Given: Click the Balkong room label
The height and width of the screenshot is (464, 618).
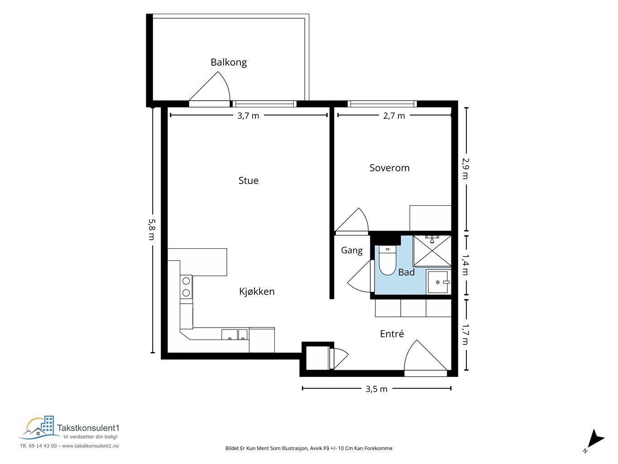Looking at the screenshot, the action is click(229, 62).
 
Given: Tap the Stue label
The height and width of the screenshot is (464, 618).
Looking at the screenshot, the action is click(248, 181).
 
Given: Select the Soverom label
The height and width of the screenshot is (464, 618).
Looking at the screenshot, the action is click(389, 168).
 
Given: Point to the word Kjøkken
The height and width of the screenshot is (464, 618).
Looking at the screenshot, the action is click(257, 291).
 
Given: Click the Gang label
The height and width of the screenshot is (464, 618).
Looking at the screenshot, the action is click(352, 250).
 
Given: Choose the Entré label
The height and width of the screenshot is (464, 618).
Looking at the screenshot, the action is click(392, 333).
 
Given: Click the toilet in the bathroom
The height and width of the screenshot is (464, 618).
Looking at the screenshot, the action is click(388, 260).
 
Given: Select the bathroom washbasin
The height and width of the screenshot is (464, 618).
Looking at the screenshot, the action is click(439, 282).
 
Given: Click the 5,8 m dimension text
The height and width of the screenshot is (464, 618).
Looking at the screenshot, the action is click(152, 230).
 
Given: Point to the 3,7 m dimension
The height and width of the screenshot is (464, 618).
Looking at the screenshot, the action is click(248, 116).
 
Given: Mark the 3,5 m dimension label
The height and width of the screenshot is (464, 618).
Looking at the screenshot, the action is click(376, 389).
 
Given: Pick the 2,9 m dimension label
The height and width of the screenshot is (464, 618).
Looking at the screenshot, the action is click(465, 168).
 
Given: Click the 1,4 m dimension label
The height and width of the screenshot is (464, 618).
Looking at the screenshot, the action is click(465, 265).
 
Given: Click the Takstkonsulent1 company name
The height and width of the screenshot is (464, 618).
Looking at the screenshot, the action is click(88, 428).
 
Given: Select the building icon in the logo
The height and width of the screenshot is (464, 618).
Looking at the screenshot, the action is click(48, 425).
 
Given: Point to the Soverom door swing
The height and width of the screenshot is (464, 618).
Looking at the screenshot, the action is click(352, 220).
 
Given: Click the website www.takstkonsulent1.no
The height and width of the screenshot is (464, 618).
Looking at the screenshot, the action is click(91, 446).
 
